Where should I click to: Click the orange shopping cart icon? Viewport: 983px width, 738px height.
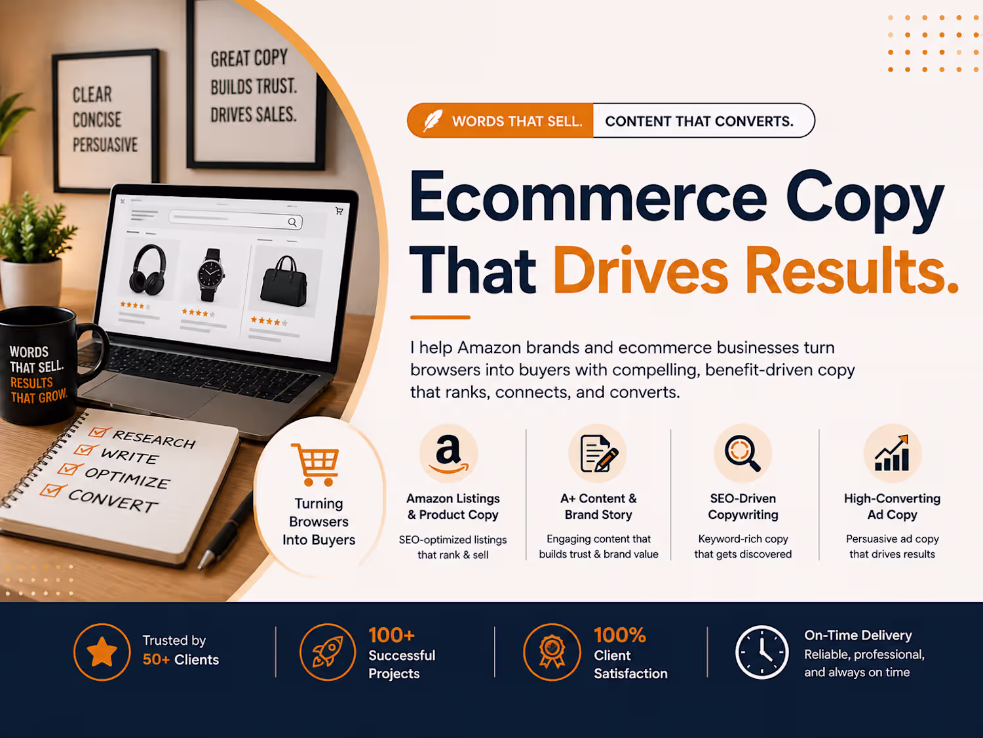point(316,464)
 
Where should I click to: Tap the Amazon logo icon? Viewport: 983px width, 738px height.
point(448,453)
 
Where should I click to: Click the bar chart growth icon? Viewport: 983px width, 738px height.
point(892,453)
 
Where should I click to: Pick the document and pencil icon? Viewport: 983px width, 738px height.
point(599,453)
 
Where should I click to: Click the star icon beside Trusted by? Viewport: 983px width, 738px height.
point(102,651)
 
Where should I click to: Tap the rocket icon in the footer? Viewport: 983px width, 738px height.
point(328,652)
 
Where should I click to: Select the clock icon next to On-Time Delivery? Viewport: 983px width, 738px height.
point(761,652)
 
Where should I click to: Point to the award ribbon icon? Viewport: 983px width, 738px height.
point(552,652)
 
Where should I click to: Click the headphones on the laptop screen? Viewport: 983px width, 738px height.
point(147,270)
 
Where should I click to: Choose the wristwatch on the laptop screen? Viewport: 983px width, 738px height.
point(211,274)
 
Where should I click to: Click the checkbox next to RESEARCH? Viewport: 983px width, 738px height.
point(98,432)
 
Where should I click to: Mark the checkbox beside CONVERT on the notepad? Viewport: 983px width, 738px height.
point(52,490)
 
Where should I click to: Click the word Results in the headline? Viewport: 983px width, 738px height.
point(851,271)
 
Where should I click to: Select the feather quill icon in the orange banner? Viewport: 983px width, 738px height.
point(433,120)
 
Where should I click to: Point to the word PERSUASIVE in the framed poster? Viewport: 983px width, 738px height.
point(106,145)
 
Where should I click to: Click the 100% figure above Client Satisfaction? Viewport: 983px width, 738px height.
point(620,635)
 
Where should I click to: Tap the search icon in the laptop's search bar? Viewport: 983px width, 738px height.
point(292,222)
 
